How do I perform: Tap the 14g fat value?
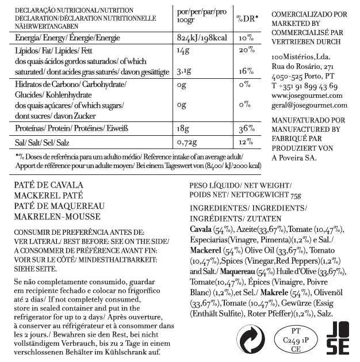(x=183, y=51)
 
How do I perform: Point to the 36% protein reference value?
(x=246, y=128)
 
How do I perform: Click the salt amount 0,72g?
(x=188, y=142)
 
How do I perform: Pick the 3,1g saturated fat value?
(x=185, y=72)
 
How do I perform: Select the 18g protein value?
(x=184, y=128)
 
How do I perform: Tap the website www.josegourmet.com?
(x=307, y=96)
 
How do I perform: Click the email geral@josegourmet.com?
(x=307, y=105)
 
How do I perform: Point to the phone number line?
(x=304, y=86)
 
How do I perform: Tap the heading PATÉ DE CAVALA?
(x=49, y=186)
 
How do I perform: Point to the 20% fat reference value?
(x=246, y=51)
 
